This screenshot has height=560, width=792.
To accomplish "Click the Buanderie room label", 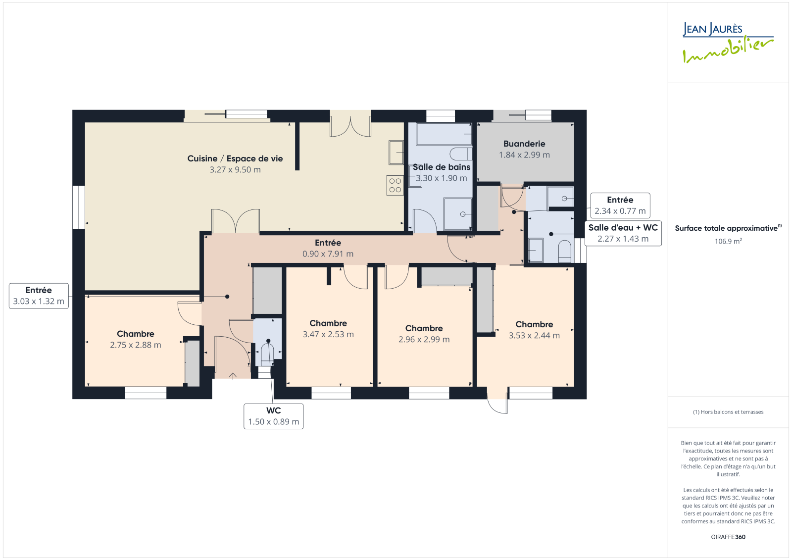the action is coord(524,144).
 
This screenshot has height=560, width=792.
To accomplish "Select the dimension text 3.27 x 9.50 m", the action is coord(235,170).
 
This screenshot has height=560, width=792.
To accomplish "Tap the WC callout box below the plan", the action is coord(273,416).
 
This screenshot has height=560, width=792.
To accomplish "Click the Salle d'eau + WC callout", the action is coord(623,233).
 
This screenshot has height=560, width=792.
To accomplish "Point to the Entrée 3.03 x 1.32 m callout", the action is coord(39,296).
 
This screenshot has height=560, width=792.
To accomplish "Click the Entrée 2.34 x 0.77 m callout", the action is coord(620,205).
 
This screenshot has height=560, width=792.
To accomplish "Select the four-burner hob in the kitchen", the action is coord(395,185).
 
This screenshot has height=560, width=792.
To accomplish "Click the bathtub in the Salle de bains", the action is coord(444,134).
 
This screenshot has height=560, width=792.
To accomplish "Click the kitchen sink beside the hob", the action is coord(396,153).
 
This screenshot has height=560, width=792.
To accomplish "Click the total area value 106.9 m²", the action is coord(728,241).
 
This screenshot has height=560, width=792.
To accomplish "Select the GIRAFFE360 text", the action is coord(728,537).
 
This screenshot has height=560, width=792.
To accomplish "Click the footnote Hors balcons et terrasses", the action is coord(728,412).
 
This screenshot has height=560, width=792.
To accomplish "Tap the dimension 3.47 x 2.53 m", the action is coord(328,334).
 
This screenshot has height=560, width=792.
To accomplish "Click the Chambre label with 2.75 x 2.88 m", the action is coord(136,334).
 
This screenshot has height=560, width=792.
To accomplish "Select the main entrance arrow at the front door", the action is coord(233,376).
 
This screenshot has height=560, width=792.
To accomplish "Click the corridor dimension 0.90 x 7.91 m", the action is coord(328,254).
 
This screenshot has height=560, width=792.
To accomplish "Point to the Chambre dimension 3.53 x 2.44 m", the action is coord(534,335).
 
